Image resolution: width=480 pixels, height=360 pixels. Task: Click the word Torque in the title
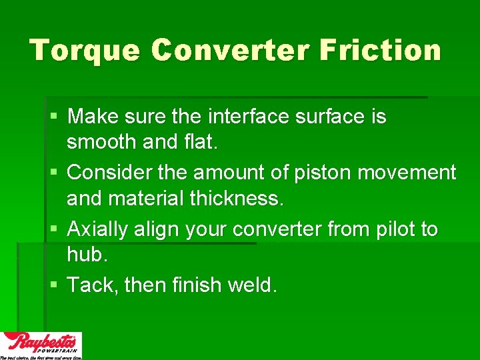(84, 51)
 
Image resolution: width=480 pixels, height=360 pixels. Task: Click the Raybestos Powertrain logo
(41, 345)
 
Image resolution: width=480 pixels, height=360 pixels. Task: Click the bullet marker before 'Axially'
(54, 229)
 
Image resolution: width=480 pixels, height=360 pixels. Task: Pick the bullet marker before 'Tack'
(54, 285)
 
